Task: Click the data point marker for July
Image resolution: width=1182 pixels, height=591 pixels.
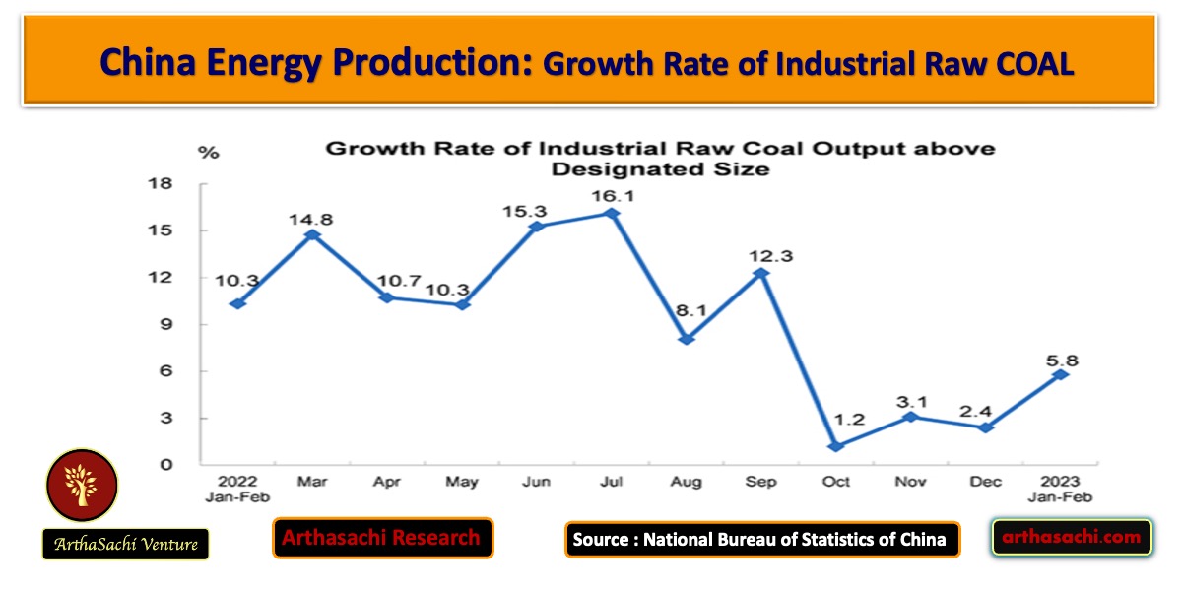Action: [x=612, y=213]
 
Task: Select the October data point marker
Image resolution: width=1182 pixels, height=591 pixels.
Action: [x=836, y=446]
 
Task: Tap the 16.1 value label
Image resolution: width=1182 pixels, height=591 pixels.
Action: [x=612, y=195]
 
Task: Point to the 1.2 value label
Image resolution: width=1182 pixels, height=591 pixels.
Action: [x=836, y=420]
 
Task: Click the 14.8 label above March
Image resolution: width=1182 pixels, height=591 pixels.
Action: [x=312, y=218]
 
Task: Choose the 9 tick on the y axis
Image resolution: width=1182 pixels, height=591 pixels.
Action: [x=165, y=325]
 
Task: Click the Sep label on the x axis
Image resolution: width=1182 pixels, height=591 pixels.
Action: [x=761, y=482]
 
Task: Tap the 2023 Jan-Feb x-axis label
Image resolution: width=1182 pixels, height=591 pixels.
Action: [x=1060, y=490]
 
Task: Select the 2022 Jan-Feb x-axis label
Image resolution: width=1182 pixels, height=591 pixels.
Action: [x=237, y=490]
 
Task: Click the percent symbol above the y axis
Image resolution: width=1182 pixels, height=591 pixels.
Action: [x=209, y=152]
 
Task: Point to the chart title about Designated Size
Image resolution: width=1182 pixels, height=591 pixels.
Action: [x=659, y=159]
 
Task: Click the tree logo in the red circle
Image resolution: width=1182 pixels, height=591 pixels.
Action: [x=82, y=486]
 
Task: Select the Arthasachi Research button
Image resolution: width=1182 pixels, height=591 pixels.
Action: [x=382, y=538]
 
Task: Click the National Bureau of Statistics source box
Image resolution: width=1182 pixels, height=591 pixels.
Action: [x=761, y=539]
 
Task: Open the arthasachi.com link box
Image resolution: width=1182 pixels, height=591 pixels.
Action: [x=1072, y=537]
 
